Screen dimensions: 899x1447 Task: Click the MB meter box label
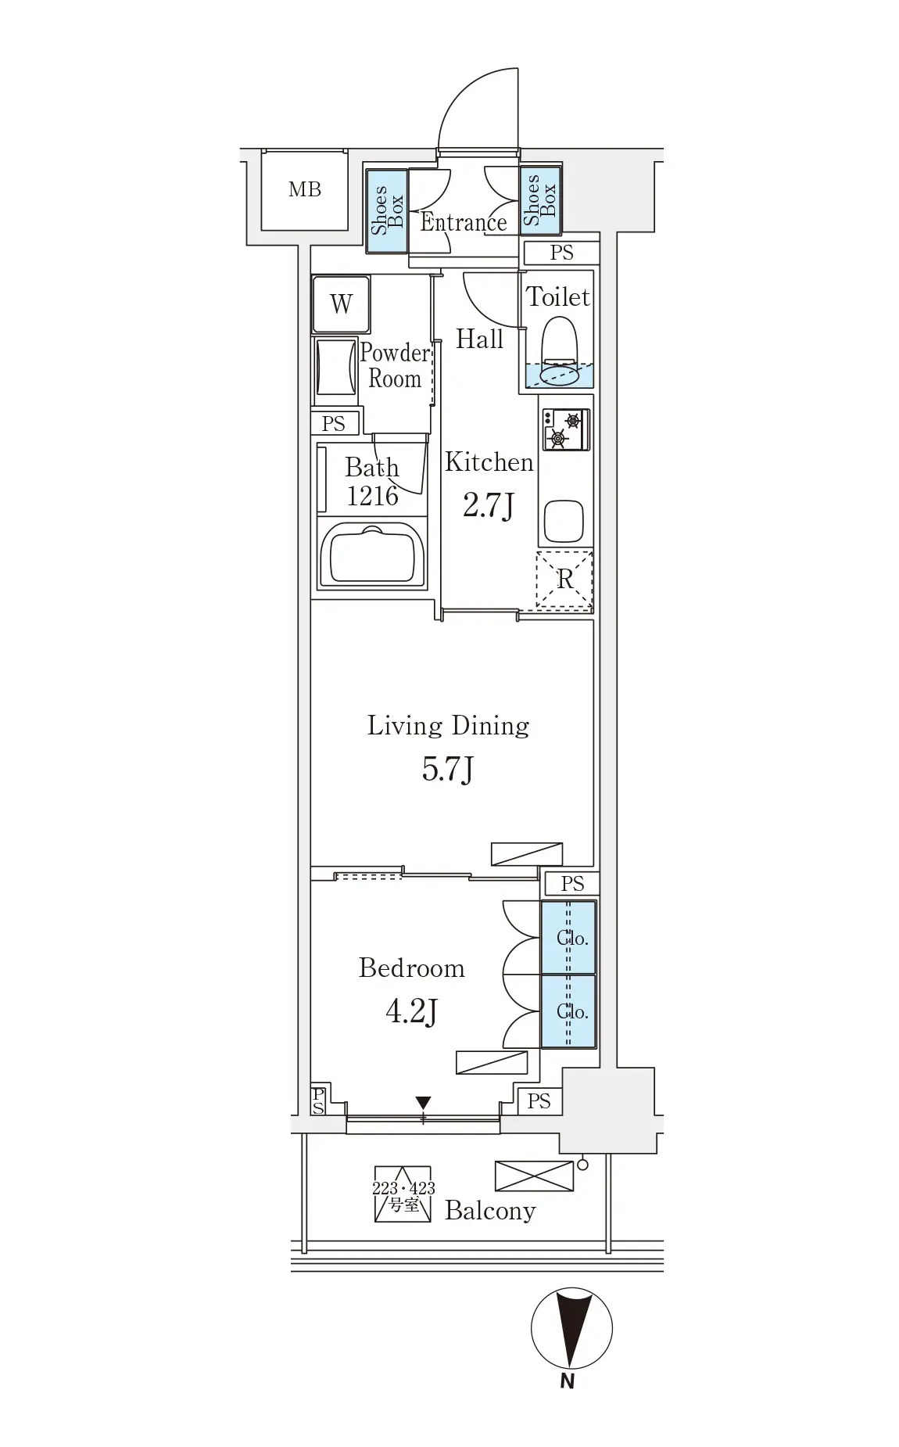tap(304, 189)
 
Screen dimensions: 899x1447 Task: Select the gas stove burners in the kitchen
tap(565, 429)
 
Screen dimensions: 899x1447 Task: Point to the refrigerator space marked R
tap(564, 580)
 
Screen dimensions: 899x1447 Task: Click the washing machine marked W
tap(341, 303)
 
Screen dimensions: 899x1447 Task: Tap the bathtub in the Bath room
tap(372, 554)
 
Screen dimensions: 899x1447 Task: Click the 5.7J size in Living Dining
tap(448, 770)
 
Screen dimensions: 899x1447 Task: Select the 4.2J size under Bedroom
tap(411, 1011)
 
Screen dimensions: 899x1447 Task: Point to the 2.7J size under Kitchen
tap(489, 505)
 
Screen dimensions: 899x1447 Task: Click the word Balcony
tap(490, 1211)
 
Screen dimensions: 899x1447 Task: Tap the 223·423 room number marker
tap(403, 1195)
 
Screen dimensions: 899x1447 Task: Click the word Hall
tap(479, 339)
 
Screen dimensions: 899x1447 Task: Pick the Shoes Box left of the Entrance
tap(387, 211)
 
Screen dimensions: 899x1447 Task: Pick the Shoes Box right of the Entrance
tap(540, 200)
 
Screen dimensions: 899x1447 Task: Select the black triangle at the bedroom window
tap(423, 1103)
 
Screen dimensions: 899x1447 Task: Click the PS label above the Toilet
tap(561, 253)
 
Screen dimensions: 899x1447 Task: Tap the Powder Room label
tap(395, 366)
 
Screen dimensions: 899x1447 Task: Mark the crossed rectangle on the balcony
tap(534, 1176)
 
